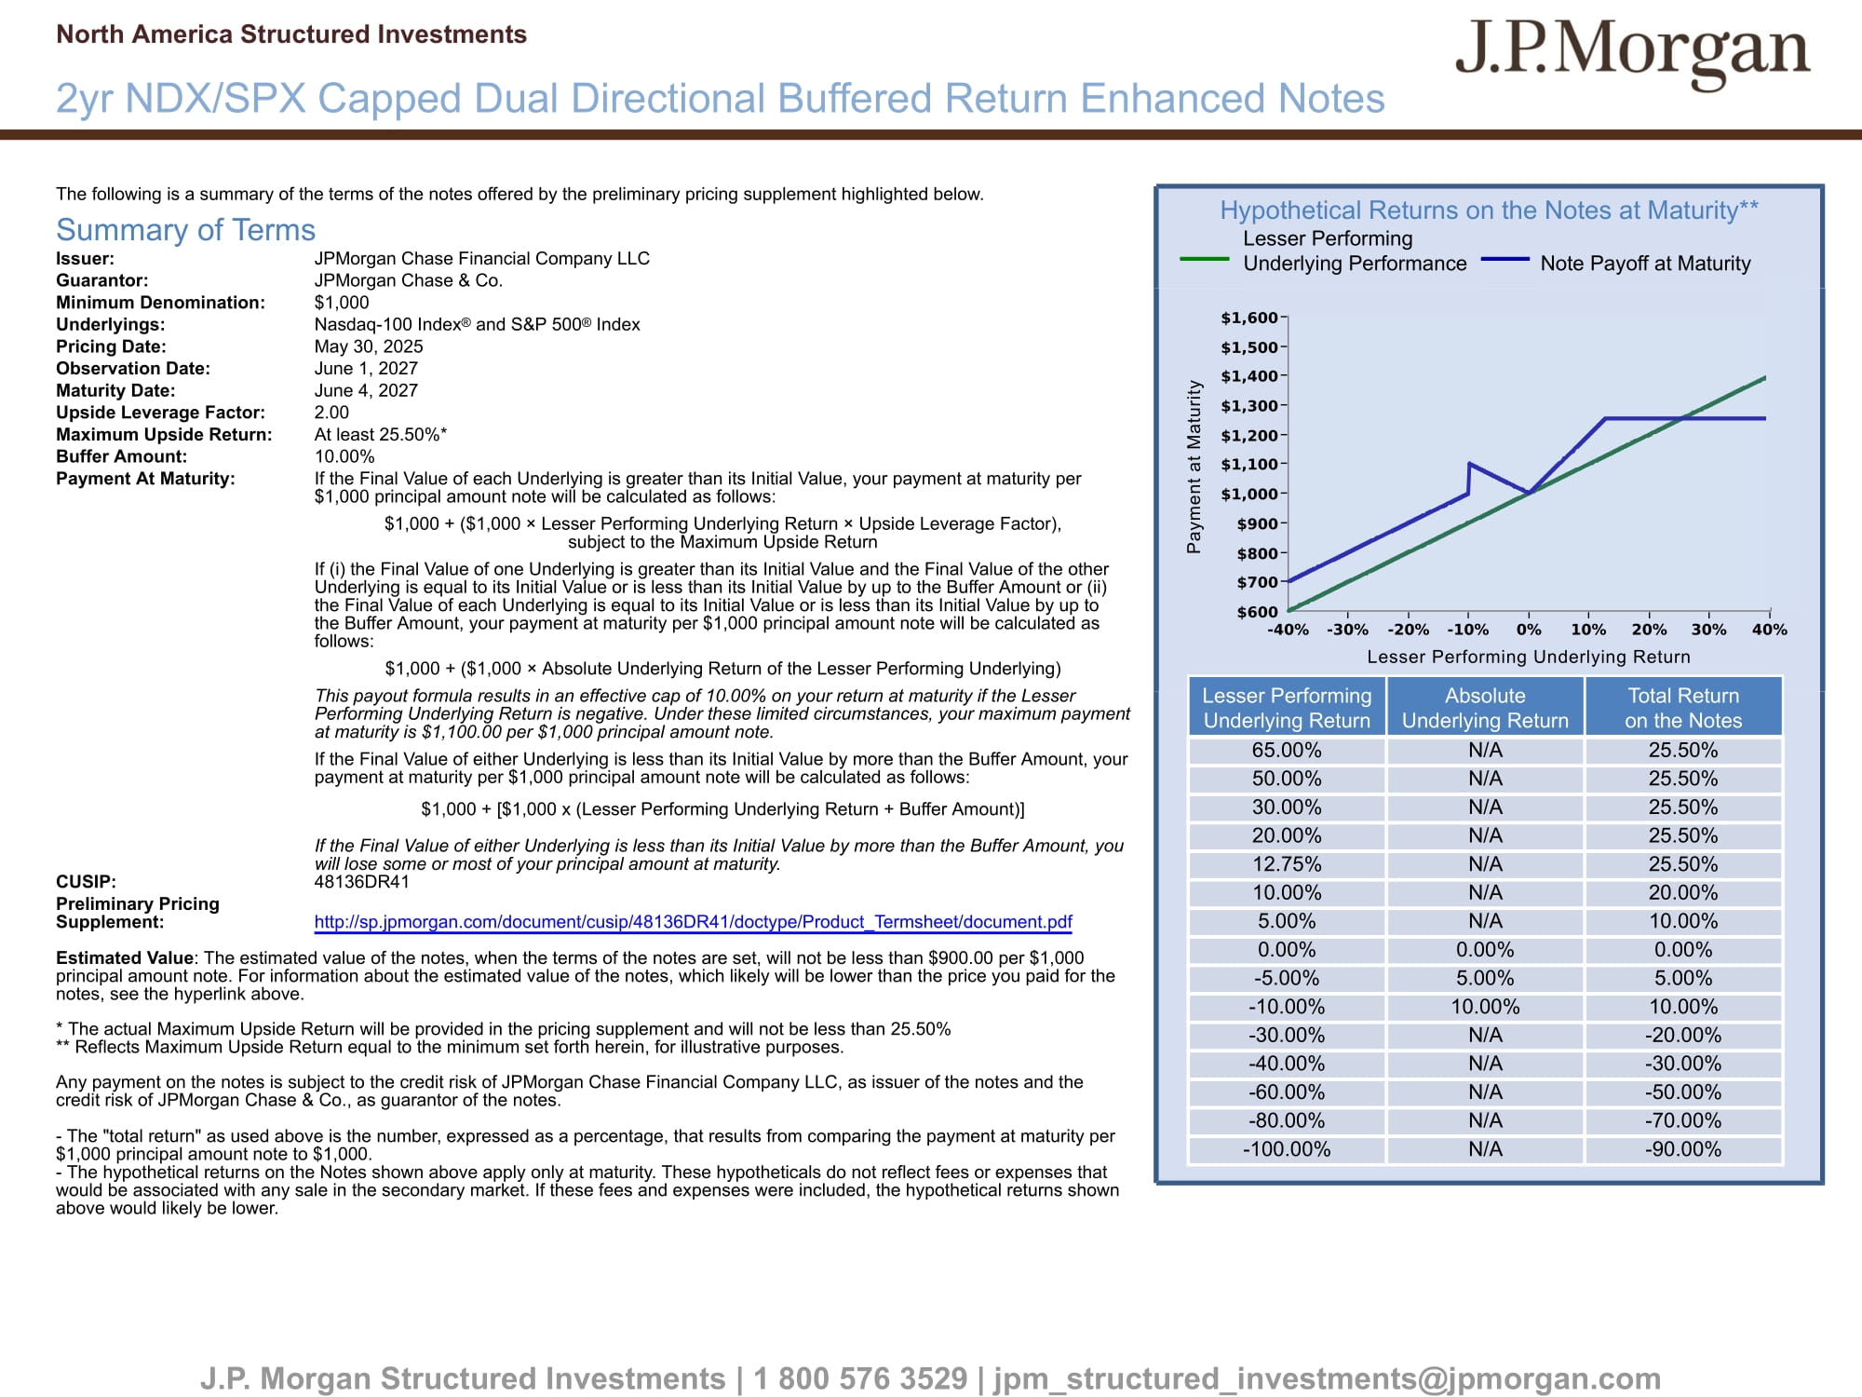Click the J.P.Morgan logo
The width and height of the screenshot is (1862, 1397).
[x=1633, y=53]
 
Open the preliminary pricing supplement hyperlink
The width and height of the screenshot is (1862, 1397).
[x=694, y=922]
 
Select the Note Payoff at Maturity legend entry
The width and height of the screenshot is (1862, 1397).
[x=1616, y=264]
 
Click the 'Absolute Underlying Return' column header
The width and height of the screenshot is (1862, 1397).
[x=1485, y=708]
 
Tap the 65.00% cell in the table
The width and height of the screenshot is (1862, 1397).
[x=1287, y=750]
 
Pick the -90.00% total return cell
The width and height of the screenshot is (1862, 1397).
[x=1683, y=1149]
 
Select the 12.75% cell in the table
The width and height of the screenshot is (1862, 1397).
[x=1287, y=864]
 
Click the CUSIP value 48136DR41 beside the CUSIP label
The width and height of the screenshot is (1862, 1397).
[x=361, y=882]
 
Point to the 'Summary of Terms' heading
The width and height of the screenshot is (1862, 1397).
[x=185, y=230]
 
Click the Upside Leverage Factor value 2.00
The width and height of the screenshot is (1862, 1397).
[x=331, y=413]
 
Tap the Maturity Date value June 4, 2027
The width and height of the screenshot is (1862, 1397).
[x=366, y=390]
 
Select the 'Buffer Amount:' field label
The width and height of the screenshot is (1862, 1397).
[x=121, y=456]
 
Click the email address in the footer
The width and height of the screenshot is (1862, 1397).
[x=1328, y=1379]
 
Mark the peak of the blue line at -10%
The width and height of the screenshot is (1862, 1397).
[x=1469, y=463]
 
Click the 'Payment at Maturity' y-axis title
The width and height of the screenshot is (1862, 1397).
[x=1194, y=467]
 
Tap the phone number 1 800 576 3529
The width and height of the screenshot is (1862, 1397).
[x=860, y=1378]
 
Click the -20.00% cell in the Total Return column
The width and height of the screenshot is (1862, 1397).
[x=1683, y=1036]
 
